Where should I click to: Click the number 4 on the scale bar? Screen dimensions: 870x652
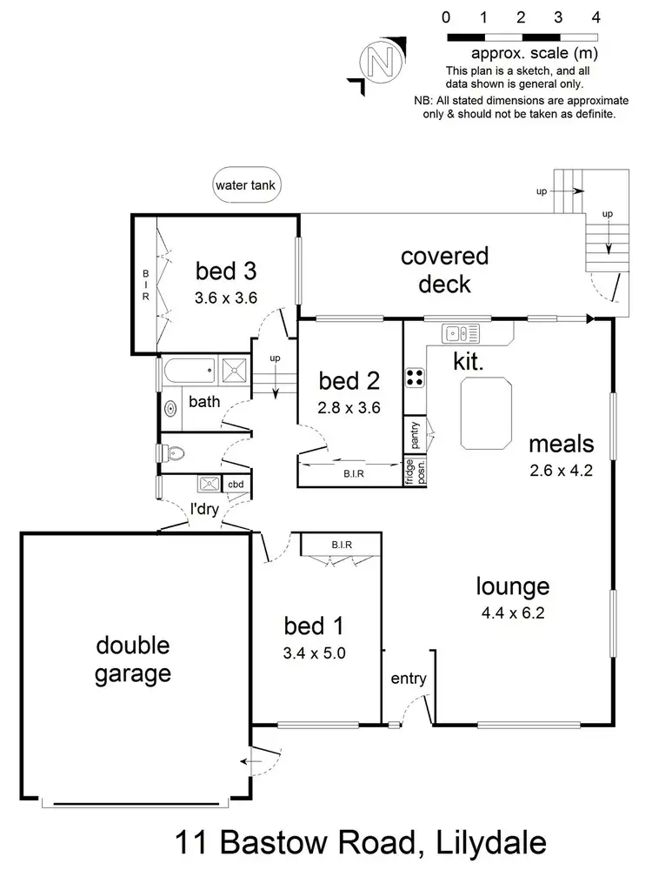(x=595, y=17)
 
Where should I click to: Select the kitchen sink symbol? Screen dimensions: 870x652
(x=461, y=332)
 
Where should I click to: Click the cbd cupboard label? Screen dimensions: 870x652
(x=236, y=485)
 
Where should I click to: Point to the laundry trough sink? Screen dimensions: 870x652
(x=210, y=484)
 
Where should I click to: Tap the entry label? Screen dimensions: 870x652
(x=408, y=679)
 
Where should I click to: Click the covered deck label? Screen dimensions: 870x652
(x=444, y=270)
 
